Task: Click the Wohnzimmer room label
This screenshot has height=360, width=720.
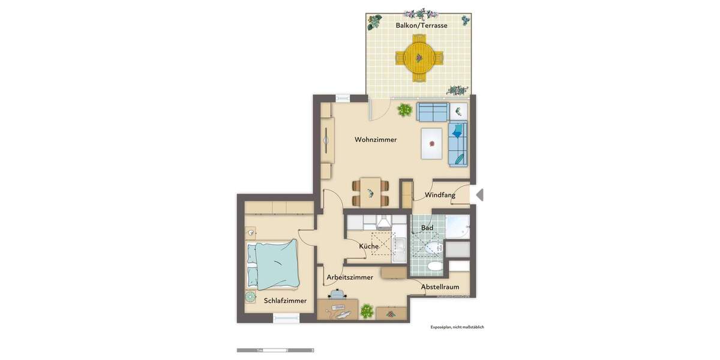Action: point(376,140)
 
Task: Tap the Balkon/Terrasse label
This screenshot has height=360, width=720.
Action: point(421,25)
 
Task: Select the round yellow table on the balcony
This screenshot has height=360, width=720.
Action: point(419,58)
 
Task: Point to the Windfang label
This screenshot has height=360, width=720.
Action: point(440,195)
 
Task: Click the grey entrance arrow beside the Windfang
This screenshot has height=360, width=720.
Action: point(479,194)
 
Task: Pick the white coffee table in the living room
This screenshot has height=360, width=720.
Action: point(432,144)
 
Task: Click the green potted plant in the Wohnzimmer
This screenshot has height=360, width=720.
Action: point(404,110)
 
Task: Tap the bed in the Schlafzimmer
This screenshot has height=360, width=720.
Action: point(274,264)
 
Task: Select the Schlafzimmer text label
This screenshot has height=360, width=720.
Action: point(285,301)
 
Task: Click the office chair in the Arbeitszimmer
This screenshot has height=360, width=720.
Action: point(338,294)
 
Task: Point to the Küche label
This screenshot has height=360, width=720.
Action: point(368,246)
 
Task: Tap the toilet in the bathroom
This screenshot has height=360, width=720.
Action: point(434,266)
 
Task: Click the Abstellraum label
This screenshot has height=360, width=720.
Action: point(440,287)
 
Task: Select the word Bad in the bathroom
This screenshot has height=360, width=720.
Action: point(427,228)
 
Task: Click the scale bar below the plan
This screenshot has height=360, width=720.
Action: point(275,350)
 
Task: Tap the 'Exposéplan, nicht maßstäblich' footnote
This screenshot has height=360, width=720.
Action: point(457,327)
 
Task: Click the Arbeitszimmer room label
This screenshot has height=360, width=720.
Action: point(350,277)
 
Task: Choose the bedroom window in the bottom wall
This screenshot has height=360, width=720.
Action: point(286,319)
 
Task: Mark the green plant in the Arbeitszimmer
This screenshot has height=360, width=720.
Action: point(365,311)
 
